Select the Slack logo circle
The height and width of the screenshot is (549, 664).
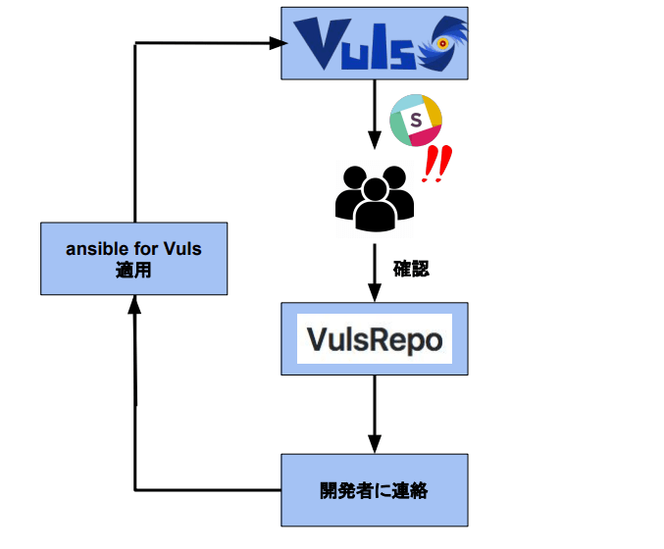point(417,123)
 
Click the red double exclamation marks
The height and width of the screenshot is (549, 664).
point(434,166)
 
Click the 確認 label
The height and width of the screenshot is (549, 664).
point(410,267)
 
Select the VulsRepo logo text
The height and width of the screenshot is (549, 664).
point(374,339)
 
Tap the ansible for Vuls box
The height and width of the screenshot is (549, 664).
point(133,259)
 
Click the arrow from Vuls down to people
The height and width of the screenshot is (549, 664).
point(374,111)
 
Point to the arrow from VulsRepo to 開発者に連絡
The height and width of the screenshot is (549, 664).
point(374,413)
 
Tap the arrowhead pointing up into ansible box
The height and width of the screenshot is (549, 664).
point(134,305)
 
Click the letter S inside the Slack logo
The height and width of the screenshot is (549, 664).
point(415,121)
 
